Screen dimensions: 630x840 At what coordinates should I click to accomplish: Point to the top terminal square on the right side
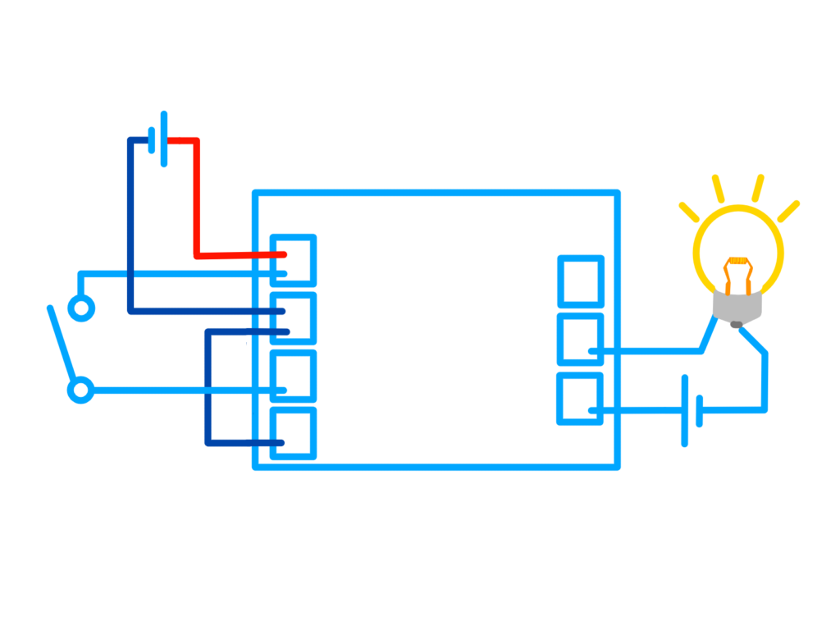point(581,281)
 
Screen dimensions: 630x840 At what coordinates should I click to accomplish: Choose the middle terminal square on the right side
point(581,338)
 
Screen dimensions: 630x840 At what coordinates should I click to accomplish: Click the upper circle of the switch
point(80,308)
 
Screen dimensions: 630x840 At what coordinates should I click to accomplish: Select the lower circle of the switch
point(80,390)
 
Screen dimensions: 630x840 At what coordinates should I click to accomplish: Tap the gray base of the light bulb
point(737,307)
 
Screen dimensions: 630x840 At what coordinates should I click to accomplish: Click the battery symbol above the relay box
point(159,139)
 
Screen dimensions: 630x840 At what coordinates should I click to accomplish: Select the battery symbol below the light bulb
point(692,410)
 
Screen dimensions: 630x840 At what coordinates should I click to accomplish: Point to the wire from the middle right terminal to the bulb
point(656,351)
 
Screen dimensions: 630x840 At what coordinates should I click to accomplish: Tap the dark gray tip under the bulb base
point(737,325)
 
